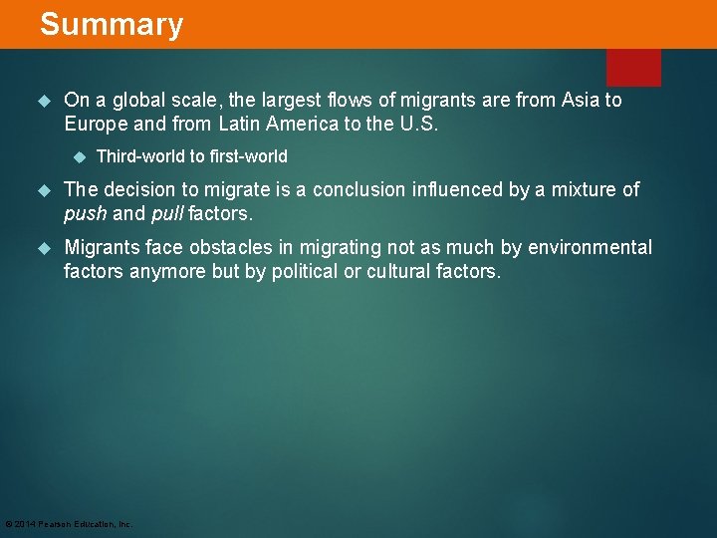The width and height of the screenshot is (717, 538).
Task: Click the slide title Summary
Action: tap(112, 24)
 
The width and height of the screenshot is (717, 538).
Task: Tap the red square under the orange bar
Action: tap(633, 67)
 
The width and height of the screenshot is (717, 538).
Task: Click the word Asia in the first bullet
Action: tap(581, 100)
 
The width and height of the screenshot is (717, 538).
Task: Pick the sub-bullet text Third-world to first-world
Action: tap(192, 156)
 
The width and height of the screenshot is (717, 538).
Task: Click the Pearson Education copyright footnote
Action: tap(69, 524)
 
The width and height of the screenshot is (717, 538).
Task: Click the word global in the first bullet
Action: tap(133, 100)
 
